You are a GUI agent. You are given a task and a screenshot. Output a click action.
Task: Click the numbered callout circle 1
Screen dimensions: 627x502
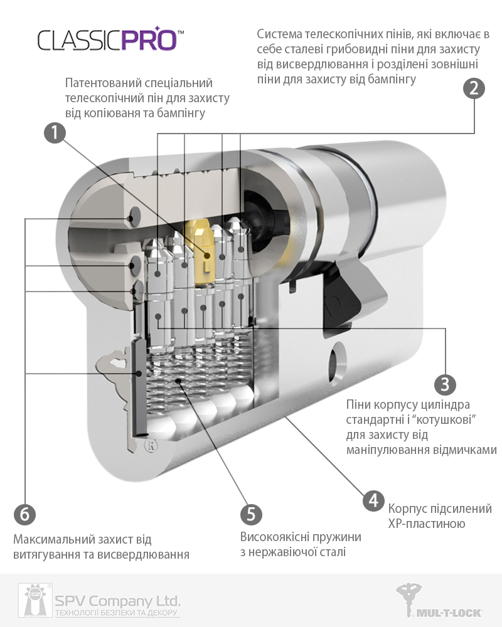(x=55, y=132)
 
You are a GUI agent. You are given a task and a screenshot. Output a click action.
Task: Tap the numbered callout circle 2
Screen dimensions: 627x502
(x=474, y=88)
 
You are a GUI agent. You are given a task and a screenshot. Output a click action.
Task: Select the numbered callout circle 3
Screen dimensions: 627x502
(x=445, y=383)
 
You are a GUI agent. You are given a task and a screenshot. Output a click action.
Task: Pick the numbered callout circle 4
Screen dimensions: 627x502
(x=373, y=500)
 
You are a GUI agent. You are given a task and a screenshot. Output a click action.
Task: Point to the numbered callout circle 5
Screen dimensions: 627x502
(x=250, y=514)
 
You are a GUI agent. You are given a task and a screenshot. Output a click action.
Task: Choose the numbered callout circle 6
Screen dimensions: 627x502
(x=24, y=514)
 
